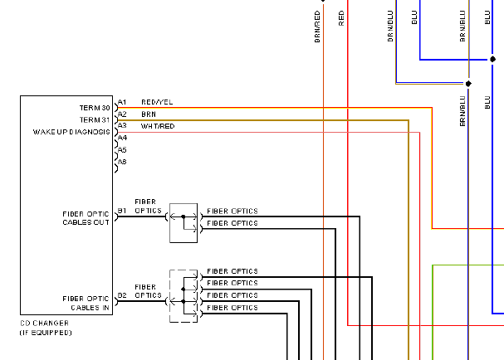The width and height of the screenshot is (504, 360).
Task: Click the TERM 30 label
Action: tap(95, 108)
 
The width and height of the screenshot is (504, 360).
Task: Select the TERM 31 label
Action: tap(95, 120)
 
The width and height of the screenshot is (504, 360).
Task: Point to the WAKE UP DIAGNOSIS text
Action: tap(71, 132)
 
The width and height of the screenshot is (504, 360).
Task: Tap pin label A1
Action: tap(122, 102)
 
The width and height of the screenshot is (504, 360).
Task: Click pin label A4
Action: tap(122, 138)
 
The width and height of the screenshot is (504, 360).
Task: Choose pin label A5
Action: tap(122, 150)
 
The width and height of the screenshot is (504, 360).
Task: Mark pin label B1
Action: tap(122, 211)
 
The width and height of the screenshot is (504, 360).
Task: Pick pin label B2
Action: tap(122, 295)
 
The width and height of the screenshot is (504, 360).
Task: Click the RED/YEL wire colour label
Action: tap(157, 102)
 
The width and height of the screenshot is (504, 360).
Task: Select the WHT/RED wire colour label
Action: tap(158, 126)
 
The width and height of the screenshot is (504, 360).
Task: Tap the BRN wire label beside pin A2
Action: tap(149, 114)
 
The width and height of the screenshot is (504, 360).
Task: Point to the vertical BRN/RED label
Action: tap(317, 27)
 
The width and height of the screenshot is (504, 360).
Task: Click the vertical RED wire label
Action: tap(341, 18)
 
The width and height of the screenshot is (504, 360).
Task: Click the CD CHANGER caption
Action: tap(44, 323)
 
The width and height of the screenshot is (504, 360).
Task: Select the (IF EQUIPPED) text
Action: tap(46, 333)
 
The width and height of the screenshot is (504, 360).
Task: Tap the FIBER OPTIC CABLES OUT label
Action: tap(86, 218)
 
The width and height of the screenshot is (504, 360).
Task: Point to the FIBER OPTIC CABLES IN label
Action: tap(86, 303)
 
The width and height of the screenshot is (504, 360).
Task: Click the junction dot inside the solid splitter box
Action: tap(183, 216)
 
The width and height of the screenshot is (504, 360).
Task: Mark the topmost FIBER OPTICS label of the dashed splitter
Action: tap(232, 271)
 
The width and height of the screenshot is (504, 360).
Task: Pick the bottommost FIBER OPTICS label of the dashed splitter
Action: tap(232, 308)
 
